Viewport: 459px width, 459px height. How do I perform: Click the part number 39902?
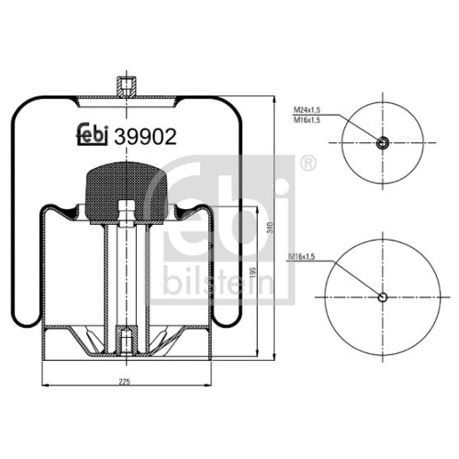(x=145, y=136)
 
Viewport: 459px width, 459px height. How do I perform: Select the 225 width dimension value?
(x=125, y=381)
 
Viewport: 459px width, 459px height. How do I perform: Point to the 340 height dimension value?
(x=270, y=228)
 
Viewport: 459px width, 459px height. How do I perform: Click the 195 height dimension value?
(x=252, y=272)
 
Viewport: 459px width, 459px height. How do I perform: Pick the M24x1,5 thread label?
(x=307, y=109)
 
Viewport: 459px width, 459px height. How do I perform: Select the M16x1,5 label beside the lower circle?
(x=301, y=257)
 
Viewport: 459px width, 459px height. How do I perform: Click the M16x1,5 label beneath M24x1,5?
(x=307, y=120)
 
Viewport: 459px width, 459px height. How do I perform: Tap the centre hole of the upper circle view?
(x=383, y=142)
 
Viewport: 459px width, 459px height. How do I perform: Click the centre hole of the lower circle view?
(x=383, y=297)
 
